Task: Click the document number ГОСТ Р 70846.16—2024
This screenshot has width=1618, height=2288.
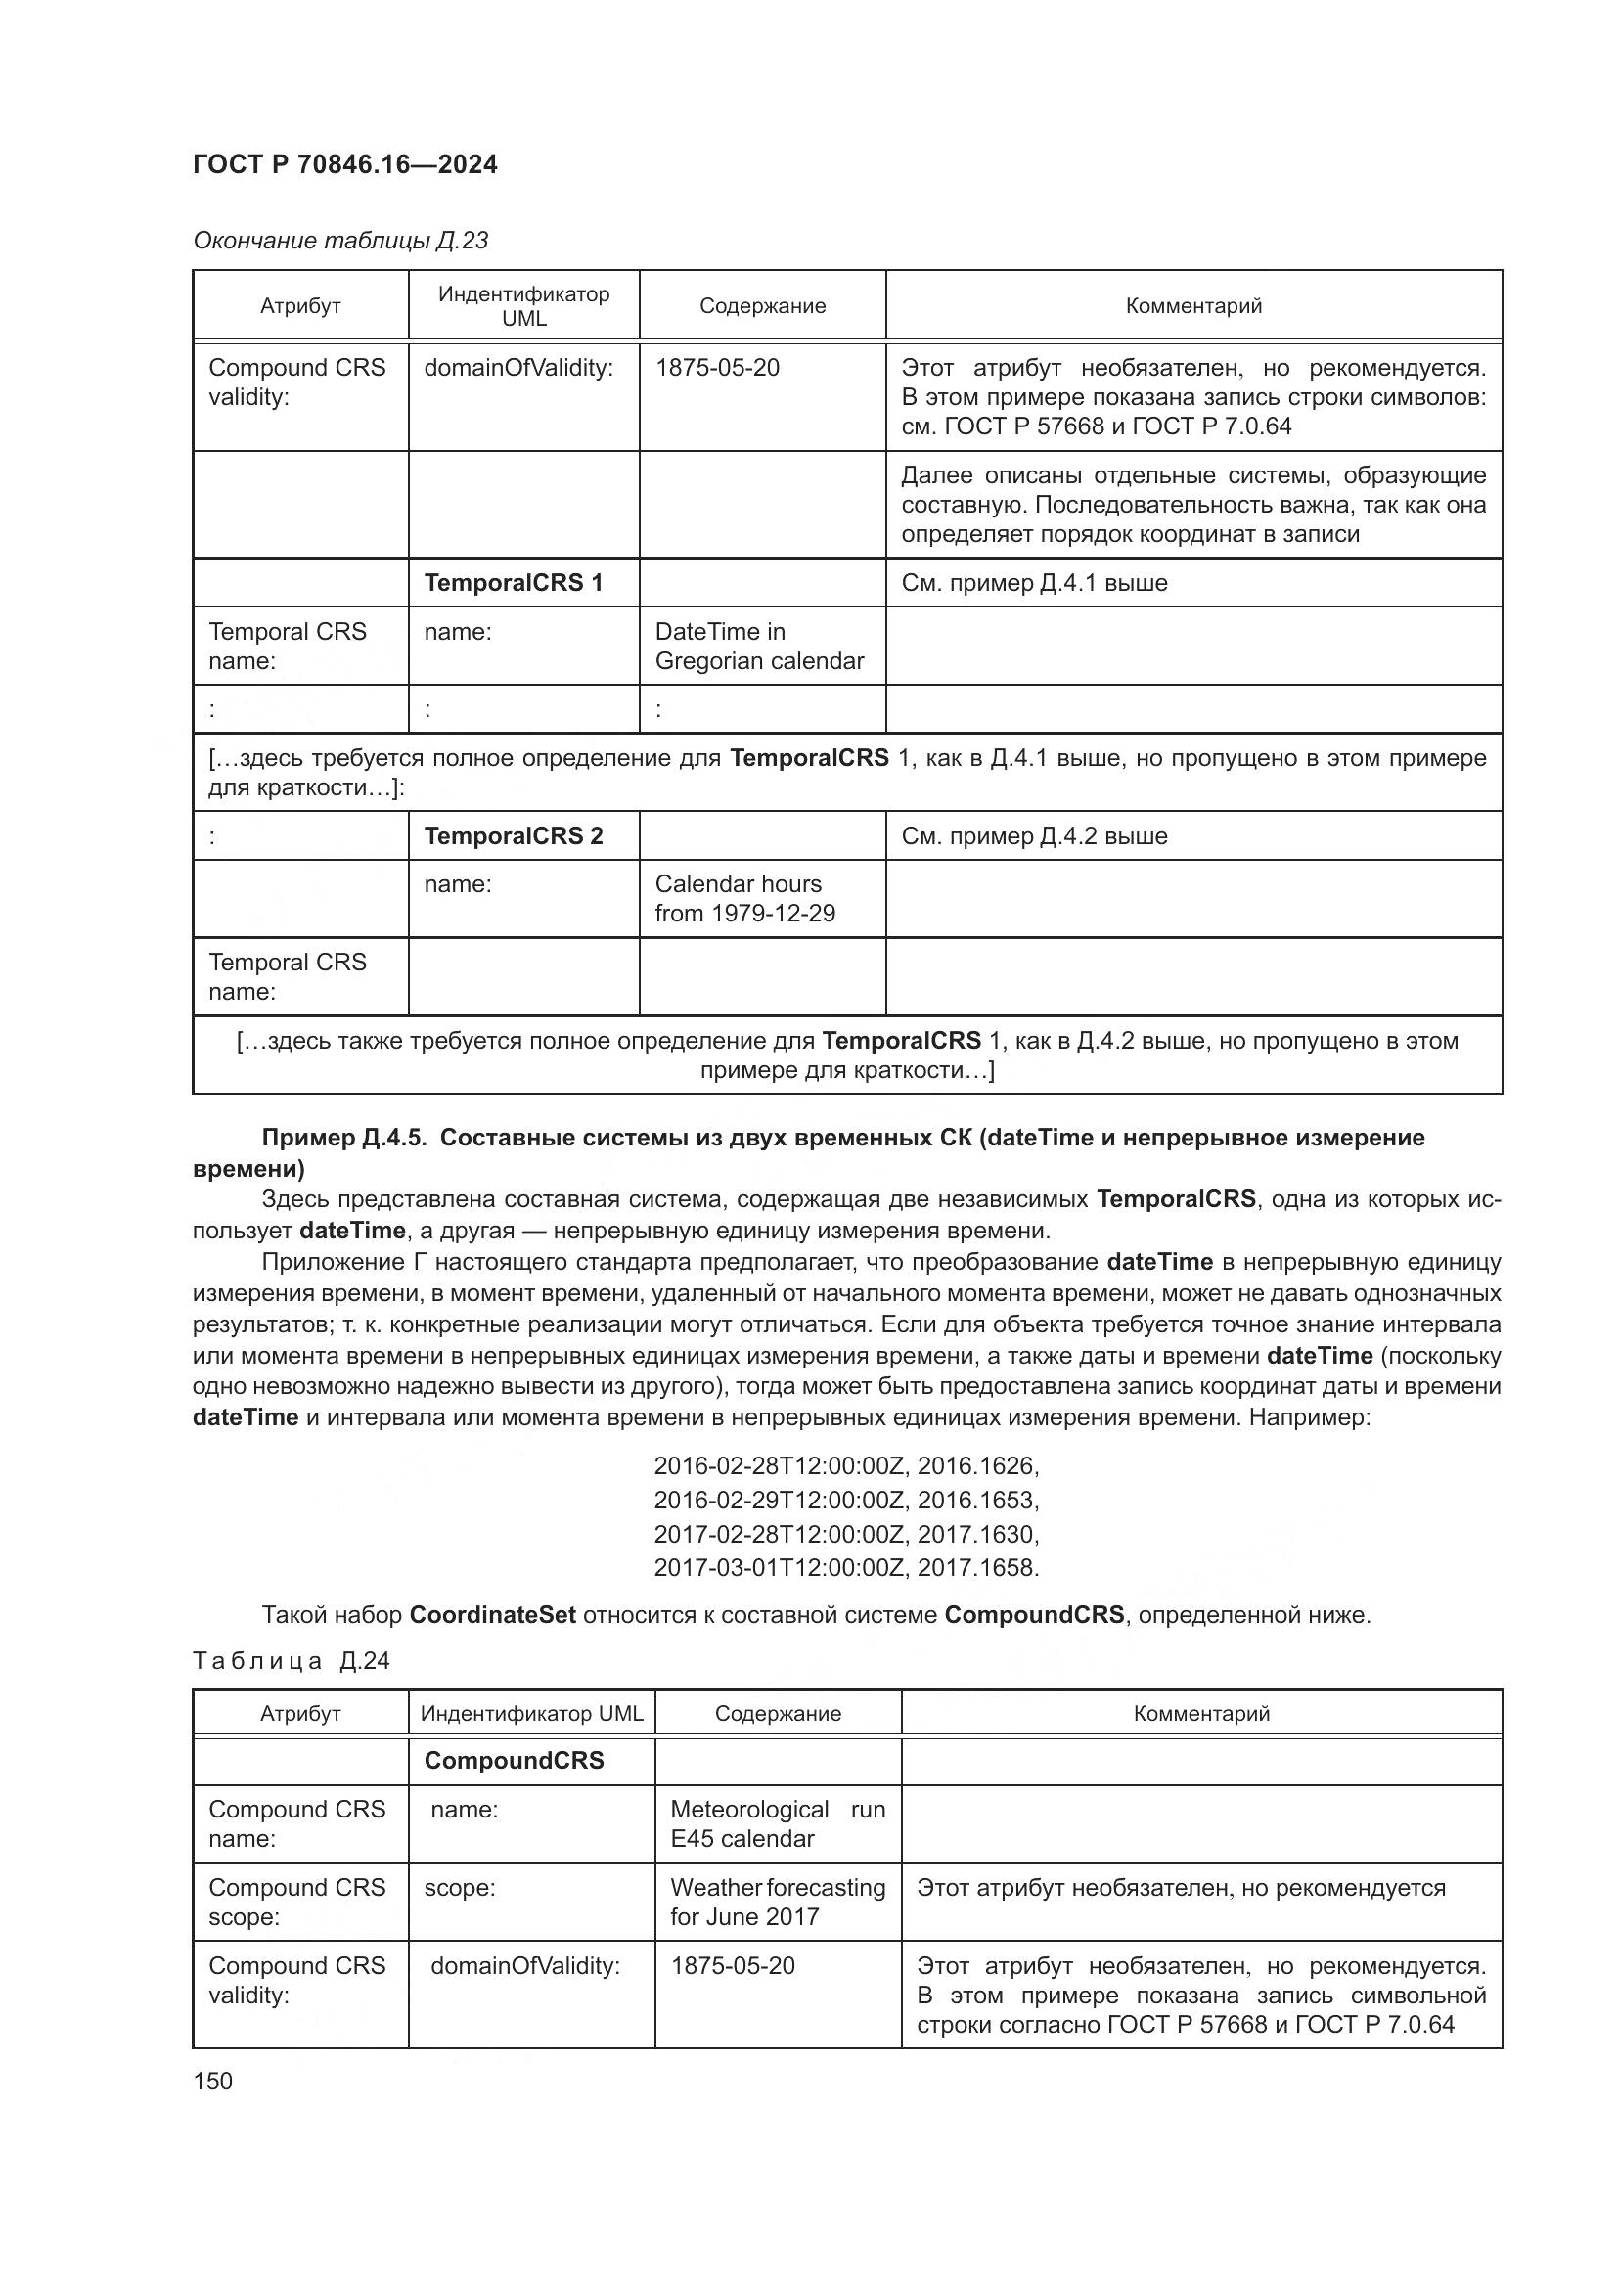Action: click(344, 164)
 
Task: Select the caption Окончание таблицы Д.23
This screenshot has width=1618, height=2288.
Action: click(339, 241)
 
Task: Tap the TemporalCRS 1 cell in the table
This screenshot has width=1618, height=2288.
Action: click(514, 583)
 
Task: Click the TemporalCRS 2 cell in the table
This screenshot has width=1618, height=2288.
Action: click(514, 836)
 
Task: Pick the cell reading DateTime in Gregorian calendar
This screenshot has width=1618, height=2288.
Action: click(759, 646)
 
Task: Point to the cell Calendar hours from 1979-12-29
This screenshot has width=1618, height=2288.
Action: click(744, 899)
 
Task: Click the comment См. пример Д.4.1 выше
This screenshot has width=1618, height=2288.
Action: click(1033, 583)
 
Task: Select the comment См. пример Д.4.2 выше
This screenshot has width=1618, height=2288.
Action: click(1033, 836)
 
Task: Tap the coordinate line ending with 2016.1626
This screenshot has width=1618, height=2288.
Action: click(846, 1466)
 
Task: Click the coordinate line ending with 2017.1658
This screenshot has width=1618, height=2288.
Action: click(846, 1567)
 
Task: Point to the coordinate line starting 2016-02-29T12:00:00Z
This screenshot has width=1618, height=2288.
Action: click(846, 1500)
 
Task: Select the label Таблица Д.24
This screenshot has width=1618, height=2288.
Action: click(291, 1660)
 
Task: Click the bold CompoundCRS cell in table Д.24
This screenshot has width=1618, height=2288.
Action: click(515, 1761)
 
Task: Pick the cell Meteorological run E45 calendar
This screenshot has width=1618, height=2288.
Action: click(777, 1823)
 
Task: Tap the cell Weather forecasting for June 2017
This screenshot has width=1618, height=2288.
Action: click(777, 1902)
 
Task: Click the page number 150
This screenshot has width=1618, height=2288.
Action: click(212, 2081)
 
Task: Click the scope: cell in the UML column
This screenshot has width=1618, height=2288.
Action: click(461, 1887)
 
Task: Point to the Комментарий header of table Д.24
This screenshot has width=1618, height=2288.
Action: click(1200, 1713)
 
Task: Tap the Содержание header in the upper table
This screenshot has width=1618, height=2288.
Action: click(762, 306)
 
